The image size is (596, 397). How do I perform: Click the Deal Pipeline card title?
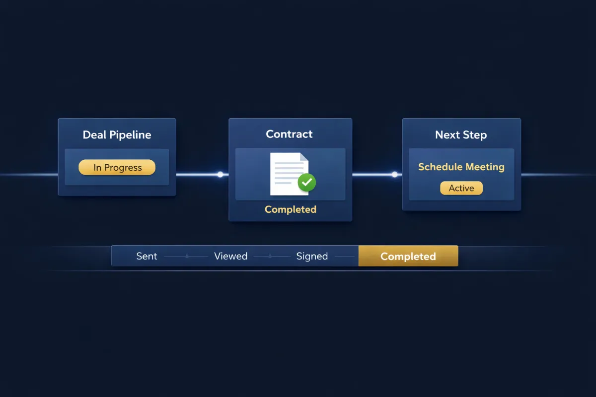(x=117, y=135)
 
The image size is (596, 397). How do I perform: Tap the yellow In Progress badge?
(x=117, y=168)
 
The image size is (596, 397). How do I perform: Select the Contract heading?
(x=290, y=134)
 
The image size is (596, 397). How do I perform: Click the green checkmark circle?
(x=306, y=182)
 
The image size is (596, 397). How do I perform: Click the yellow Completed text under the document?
(x=291, y=209)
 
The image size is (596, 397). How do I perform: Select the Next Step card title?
(x=461, y=135)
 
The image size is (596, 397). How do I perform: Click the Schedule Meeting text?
(x=461, y=167)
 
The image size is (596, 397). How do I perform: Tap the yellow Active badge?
(x=461, y=188)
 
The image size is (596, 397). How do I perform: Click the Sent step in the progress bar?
(x=147, y=256)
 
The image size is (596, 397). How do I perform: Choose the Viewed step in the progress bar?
(x=230, y=256)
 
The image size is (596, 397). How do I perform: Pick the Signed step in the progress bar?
(x=312, y=256)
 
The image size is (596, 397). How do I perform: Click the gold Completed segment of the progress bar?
(x=408, y=256)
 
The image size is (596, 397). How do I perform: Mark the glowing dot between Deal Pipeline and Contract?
(x=220, y=174)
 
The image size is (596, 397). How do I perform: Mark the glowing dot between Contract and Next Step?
(x=394, y=174)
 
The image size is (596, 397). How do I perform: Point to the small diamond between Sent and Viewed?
(x=187, y=257)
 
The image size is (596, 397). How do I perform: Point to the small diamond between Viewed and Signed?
(x=270, y=257)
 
